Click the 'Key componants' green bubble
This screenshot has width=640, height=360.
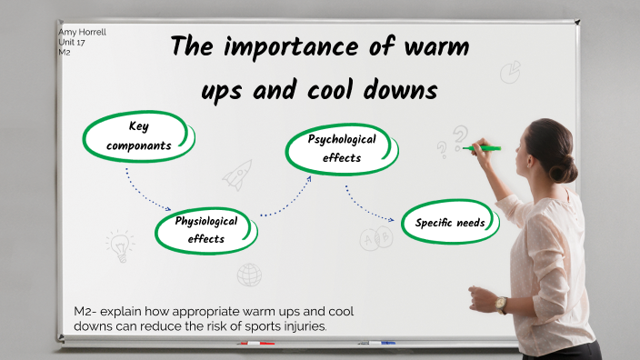(x=138, y=135)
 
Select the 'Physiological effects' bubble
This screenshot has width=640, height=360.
(x=205, y=230)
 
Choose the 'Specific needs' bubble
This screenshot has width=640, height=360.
(x=450, y=223)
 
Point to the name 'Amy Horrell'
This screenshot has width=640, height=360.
(x=82, y=32)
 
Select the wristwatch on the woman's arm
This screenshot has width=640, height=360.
(x=501, y=305)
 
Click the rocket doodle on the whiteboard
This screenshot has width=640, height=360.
(x=238, y=174)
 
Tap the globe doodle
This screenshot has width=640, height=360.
(x=249, y=274)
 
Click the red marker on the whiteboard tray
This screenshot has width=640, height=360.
(x=255, y=344)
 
